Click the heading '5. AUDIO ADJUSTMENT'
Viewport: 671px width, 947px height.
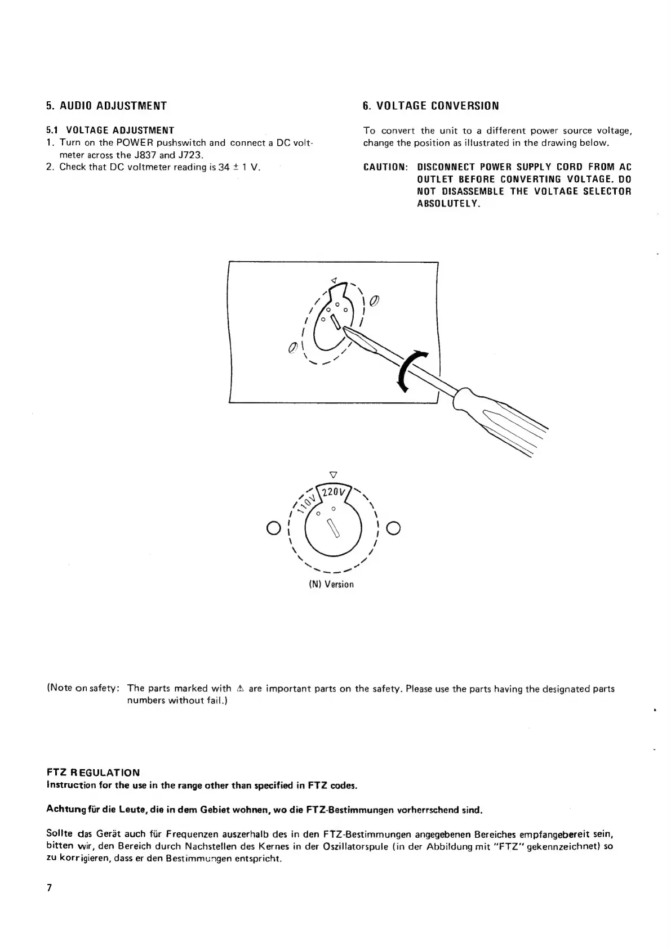(106, 105)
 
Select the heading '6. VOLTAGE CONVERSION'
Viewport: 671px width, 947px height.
(431, 105)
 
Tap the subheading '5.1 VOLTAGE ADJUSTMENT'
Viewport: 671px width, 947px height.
(110, 131)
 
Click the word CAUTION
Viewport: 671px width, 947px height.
(385, 167)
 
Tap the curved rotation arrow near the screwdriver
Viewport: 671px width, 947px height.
(410, 369)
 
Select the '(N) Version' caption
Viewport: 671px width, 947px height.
(331, 584)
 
